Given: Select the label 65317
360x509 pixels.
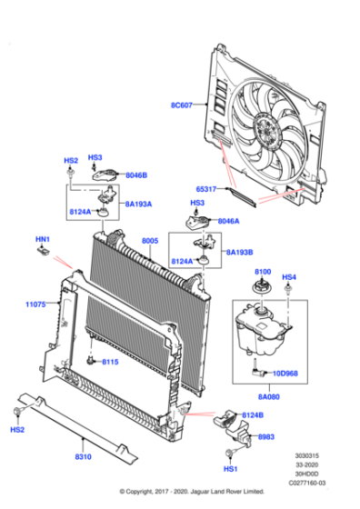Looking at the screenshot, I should coord(206,189).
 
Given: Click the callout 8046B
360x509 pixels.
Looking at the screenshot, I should coord(137,175).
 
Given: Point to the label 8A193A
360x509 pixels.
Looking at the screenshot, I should coord(138,205).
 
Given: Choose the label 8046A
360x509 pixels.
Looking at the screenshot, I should coord(227,221).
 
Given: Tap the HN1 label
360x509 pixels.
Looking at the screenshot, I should coord(43,240).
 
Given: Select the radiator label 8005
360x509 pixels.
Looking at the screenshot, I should coord(150,241).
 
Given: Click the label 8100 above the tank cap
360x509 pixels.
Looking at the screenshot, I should coord(262,272).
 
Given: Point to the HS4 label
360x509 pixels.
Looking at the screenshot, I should coord(289,277).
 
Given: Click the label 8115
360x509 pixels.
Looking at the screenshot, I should coord(110,362).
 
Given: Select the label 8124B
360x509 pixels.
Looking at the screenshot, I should coord(253,415).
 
